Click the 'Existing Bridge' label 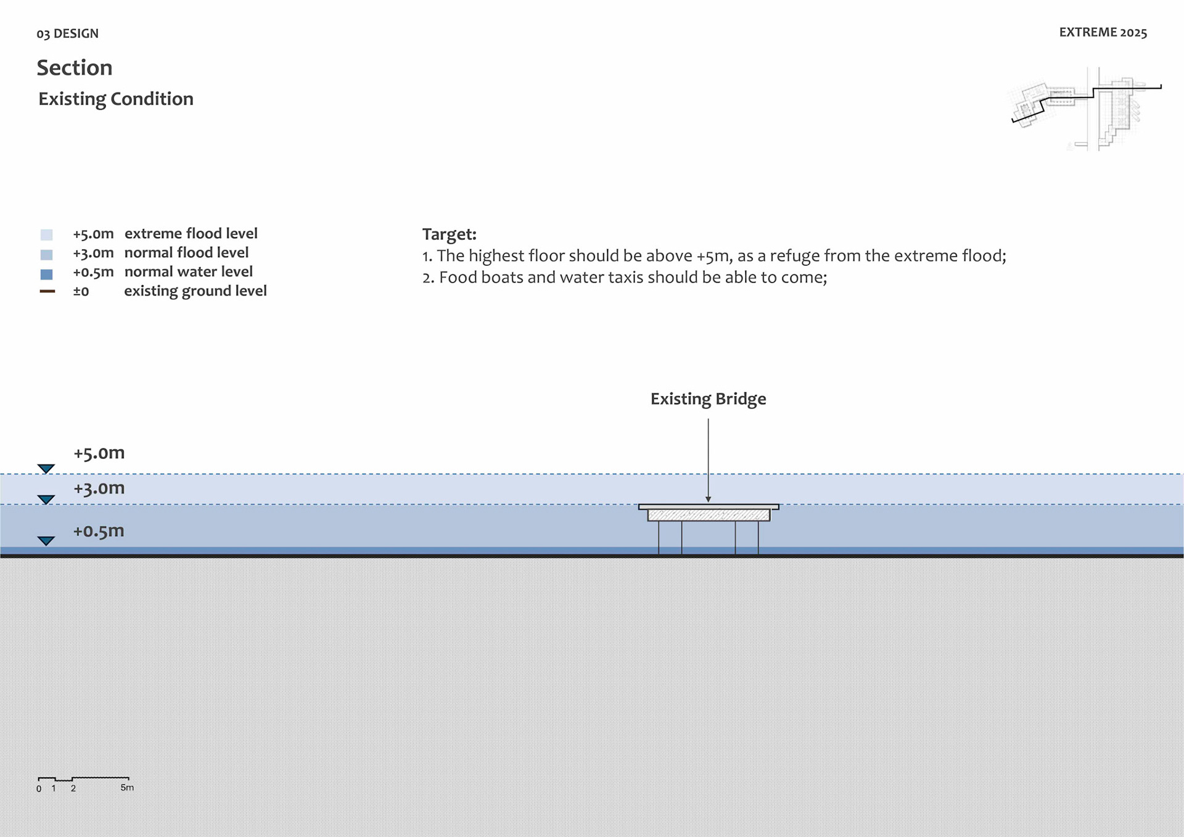(708, 399)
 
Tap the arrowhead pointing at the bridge (708, 499)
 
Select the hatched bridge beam (709, 515)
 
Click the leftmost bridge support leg (659, 537)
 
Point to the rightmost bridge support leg (758, 537)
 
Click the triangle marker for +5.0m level (46, 469)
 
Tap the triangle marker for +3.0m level (46, 499)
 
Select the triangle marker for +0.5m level (46, 541)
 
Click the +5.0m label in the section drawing (99, 453)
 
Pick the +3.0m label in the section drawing (99, 489)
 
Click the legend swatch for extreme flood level (47, 234)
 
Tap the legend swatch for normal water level (47, 274)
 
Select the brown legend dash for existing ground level (47, 291)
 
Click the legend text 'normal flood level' (186, 253)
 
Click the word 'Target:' (449, 234)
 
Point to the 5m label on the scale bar (127, 788)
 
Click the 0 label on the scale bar (39, 789)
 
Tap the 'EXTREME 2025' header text (1103, 33)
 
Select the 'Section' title (75, 68)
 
